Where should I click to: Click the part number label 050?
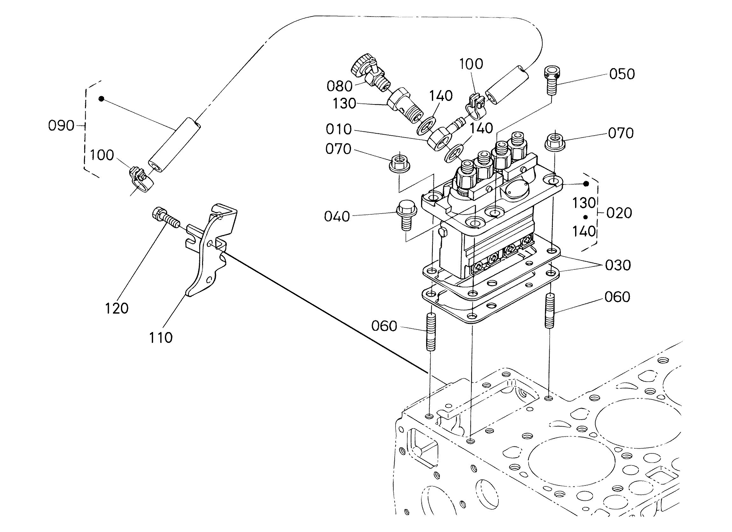622,74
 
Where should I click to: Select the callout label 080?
339,86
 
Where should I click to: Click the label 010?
339,129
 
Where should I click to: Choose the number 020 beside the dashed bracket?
619,213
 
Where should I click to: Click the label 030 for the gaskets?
618,265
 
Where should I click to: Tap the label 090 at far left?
61,125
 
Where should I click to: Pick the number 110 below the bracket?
161,338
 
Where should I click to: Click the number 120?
117,308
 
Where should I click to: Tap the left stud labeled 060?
431,331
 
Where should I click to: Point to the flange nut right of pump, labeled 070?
555,142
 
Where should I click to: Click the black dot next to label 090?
101,99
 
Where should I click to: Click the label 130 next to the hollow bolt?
344,103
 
